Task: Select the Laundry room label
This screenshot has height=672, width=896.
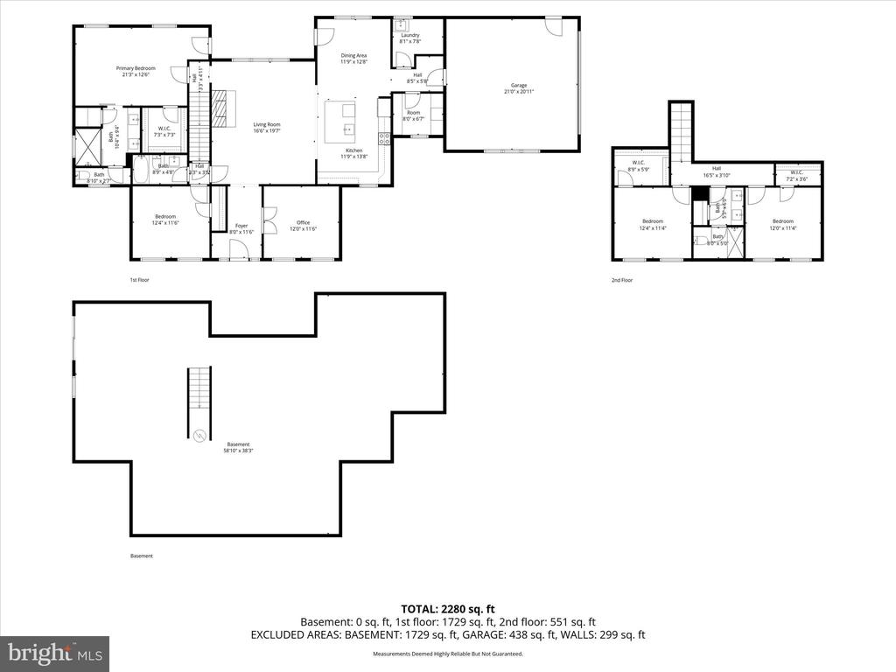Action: tap(410, 35)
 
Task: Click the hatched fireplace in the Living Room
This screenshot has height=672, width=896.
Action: tap(225, 108)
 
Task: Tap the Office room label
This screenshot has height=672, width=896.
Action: tap(304, 222)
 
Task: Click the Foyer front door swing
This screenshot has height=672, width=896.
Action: tap(239, 249)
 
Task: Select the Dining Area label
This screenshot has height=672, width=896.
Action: tap(353, 56)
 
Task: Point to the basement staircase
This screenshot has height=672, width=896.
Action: tap(199, 403)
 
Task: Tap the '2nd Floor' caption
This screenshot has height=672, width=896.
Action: tap(622, 280)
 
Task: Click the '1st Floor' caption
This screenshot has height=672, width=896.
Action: tap(140, 280)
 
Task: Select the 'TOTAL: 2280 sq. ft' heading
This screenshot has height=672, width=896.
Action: tap(448, 609)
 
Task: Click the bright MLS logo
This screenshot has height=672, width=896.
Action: tap(54, 653)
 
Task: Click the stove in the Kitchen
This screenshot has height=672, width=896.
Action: tap(382, 137)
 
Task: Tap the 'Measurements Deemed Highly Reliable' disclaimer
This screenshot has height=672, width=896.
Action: tap(448, 654)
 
